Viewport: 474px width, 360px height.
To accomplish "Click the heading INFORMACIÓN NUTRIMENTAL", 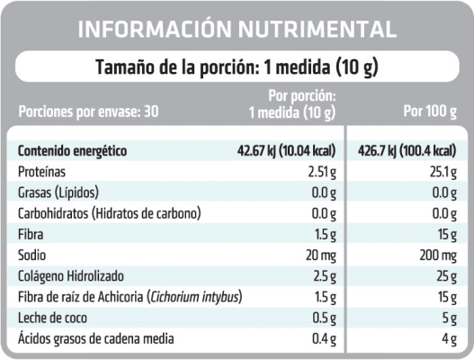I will click(237, 30).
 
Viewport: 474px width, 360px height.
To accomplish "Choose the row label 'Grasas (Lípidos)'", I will click(58, 193).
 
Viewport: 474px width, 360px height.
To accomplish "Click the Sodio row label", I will click(33, 255).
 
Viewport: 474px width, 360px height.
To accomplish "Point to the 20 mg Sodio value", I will click(319, 255).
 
